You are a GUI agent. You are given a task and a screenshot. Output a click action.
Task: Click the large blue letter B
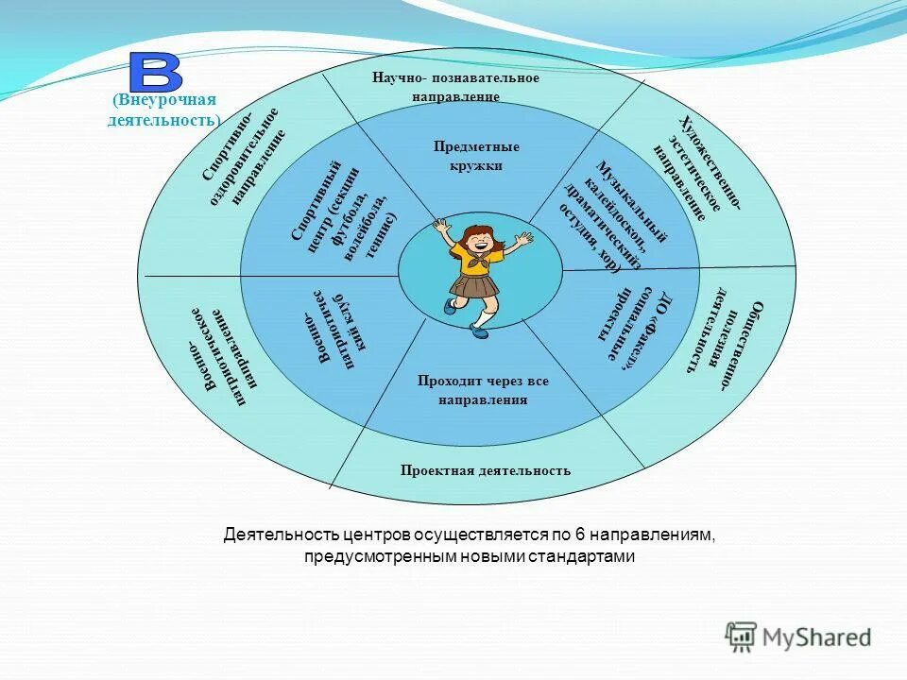coord(156,73)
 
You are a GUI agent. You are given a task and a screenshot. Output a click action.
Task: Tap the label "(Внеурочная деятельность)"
coord(164,110)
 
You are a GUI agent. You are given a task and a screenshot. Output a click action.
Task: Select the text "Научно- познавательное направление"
coord(455,87)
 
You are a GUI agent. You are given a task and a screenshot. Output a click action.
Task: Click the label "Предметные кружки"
coord(476,156)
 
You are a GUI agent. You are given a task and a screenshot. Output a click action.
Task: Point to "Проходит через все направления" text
coord(482,390)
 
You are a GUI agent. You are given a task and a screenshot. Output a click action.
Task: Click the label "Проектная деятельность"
coord(485,470)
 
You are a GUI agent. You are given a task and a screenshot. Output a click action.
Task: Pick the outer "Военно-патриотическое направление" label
coord(219,358)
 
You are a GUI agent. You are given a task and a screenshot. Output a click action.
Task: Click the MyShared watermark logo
coord(798,637)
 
